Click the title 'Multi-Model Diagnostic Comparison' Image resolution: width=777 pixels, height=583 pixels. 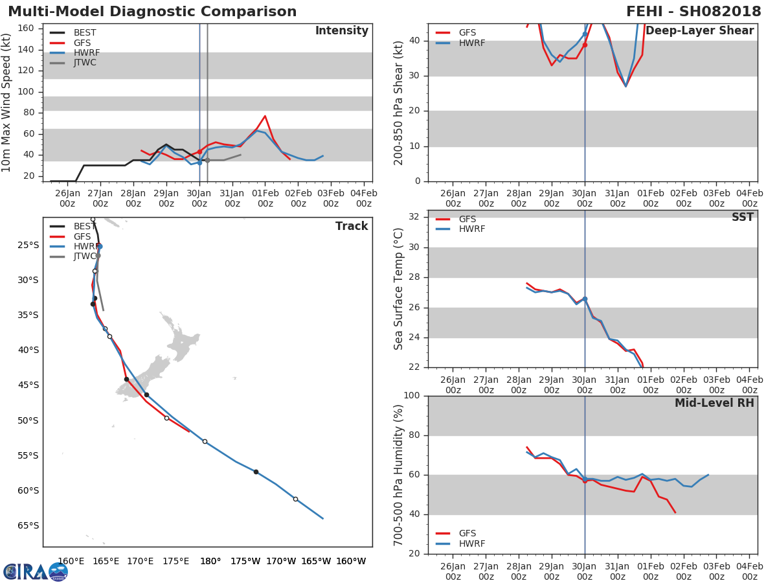click(x=152, y=11)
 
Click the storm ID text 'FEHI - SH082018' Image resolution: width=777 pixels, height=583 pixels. click(x=693, y=11)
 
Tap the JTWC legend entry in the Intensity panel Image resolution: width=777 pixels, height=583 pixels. click(x=73, y=63)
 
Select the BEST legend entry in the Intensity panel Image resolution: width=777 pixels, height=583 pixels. click(x=73, y=32)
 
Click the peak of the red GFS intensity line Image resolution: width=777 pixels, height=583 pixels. click(x=265, y=116)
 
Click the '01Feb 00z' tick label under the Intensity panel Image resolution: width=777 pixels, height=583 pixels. click(x=265, y=198)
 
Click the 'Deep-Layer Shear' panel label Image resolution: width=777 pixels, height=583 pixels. click(x=699, y=30)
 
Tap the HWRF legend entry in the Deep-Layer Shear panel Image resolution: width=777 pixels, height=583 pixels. click(x=460, y=43)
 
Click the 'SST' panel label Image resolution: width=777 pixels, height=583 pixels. click(x=743, y=216)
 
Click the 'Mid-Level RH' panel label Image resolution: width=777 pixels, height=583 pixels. click(x=714, y=403)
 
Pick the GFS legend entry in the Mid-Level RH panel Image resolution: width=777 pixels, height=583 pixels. click(x=456, y=533)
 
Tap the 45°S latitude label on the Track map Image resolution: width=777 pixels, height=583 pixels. click(x=28, y=385)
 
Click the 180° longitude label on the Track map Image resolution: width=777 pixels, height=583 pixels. click(x=210, y=561)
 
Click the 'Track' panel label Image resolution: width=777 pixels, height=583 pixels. click(x=352, y=226)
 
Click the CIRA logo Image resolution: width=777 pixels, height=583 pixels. click(x=36, y=571)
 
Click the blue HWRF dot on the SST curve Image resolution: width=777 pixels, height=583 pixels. click(x=585, y=299)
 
